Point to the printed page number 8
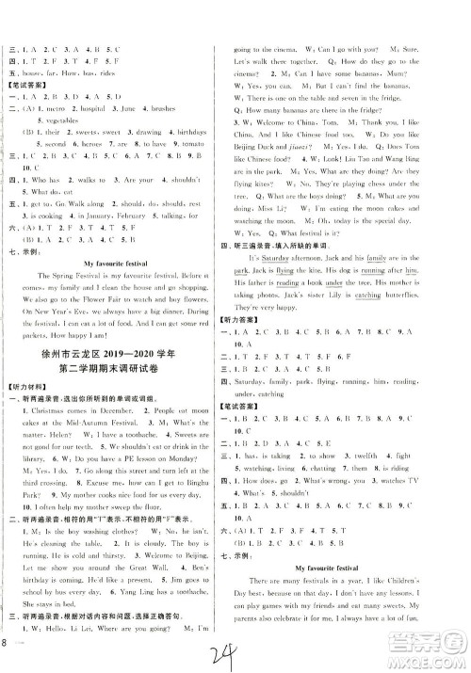coord(8,643)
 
